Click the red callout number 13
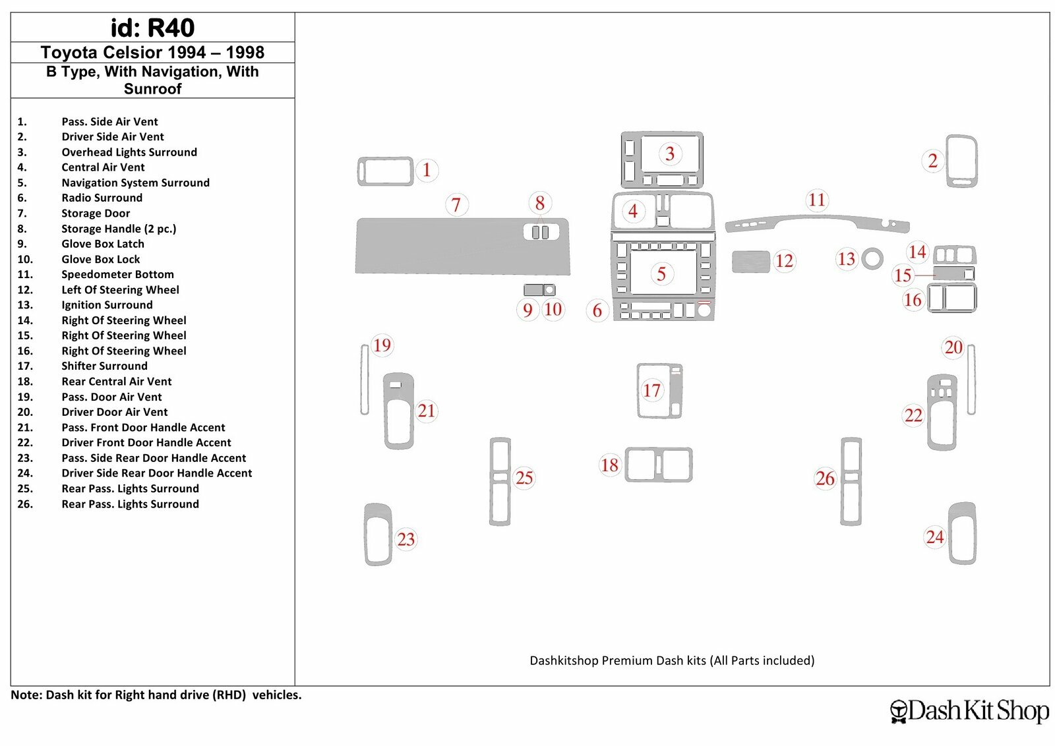pyautogui.click(x=846, y=258)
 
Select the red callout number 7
pyautogui.click(x=456, y=205)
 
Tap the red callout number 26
pyautogui.click(x=825, y=478)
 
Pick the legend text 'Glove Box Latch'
pyautogui.click(x=103, y=244)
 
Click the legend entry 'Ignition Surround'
pyautogui.click(x=107, y=305)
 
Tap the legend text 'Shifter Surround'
pyautogui.click(x=104, y=366)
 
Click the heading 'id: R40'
pyautogui.click(x=152, y=28)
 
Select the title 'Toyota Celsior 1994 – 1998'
pyautogui.click(x=152, y=52)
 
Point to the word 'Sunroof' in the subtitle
pyautogui.click(x=152, y=89)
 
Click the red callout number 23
pyautogui.click(x=406, y=539)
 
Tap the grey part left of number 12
pyautogui.click(x=751, y=262)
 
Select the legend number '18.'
pyautogui.click(x=25, y=382)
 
